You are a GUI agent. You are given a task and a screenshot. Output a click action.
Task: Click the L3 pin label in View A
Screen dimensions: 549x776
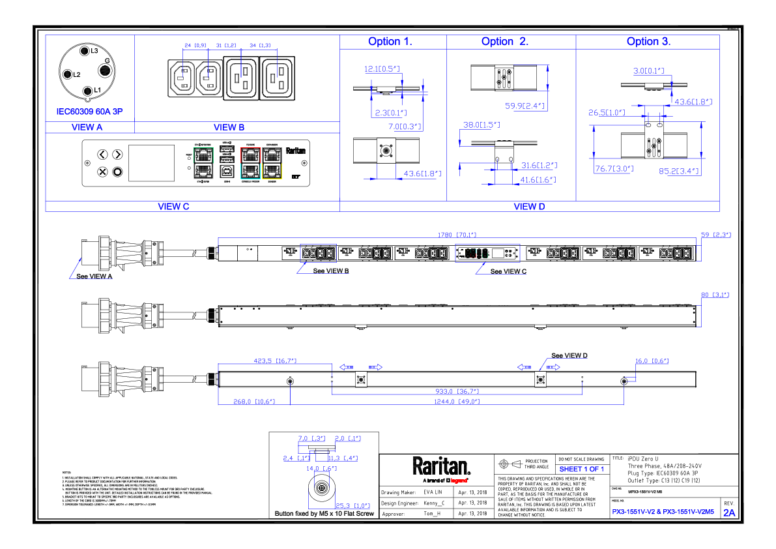click(94, 50)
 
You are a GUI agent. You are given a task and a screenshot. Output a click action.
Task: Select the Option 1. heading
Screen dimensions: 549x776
click(390, 42)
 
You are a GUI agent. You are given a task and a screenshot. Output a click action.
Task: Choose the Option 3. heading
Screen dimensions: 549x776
click(648, 42)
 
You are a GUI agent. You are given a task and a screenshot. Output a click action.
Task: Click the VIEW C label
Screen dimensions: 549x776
click(173, 207)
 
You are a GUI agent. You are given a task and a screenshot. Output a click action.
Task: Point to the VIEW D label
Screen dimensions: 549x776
click(529, 207)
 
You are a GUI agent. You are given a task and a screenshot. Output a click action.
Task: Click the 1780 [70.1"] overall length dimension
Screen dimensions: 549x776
click(457, 234)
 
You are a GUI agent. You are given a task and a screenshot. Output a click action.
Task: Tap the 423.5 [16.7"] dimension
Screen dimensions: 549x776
click(275, 360)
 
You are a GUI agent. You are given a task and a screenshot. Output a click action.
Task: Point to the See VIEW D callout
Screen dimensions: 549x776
click(569, 355)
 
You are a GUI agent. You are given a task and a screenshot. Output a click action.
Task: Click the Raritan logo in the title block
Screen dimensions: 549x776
click(441, 467)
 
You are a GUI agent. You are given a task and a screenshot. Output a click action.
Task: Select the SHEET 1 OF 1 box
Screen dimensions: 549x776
click(581, 469)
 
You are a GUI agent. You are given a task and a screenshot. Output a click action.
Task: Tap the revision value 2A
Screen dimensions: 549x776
click(729, 513)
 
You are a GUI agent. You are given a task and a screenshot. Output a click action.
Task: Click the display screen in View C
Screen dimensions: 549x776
click(152, 163)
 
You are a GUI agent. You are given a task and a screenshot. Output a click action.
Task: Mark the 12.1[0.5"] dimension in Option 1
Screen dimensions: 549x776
click(381, 68)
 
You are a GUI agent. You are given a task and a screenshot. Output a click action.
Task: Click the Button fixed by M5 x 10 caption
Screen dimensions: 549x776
click(324, 514)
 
